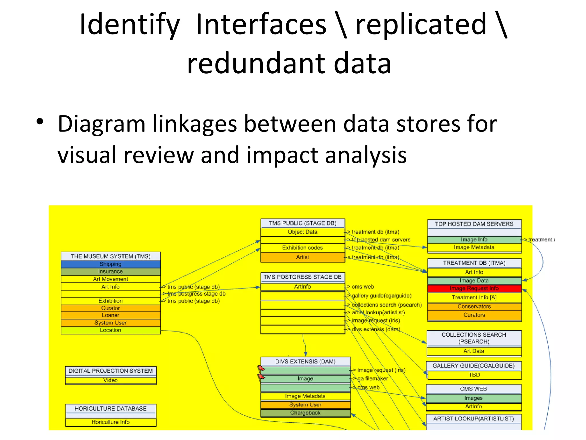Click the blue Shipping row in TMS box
pos(110,264)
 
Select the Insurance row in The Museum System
pos(110,272)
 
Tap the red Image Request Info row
pos(474,288)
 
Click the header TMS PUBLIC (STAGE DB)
pos(302,223)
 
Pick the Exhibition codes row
pos(302,248)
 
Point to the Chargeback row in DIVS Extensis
pos(305,413)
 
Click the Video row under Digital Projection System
pos(110,380)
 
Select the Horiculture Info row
pos(110,422)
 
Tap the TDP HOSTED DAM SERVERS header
pos(474,224)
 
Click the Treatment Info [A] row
pos(474,298)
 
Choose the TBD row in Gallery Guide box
pos(474,375)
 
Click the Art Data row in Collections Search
pos(474,351)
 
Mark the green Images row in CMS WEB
pos(474,398)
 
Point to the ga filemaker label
pos(373,379)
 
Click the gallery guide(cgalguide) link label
pos(381,296)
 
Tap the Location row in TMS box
pos(110,330)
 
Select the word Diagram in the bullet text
pos(101,124)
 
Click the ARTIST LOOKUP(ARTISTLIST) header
pos(474,419)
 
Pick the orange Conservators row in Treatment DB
pos(474,307)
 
